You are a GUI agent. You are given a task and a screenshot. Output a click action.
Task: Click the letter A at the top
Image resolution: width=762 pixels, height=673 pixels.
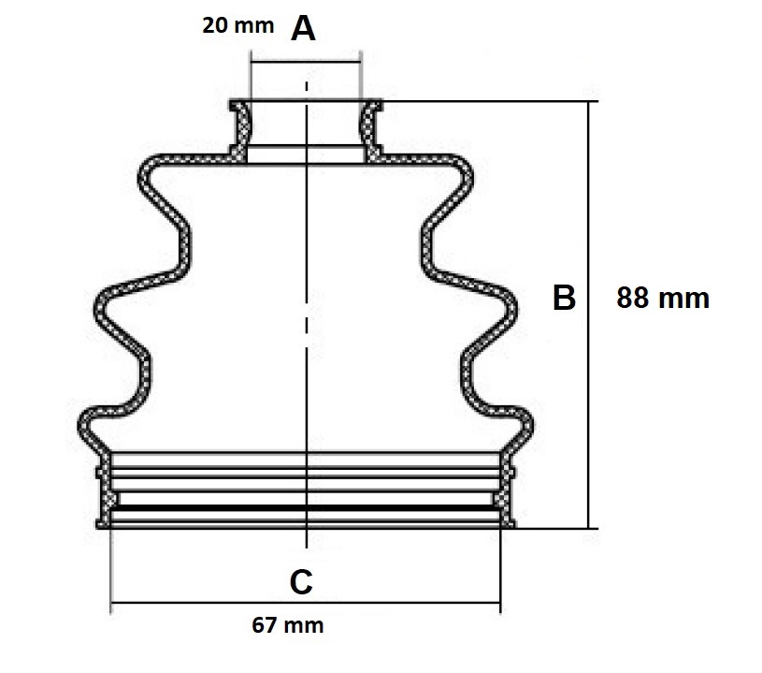tap(303, 29)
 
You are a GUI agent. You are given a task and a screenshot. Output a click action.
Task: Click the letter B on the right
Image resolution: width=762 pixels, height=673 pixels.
tap(564, 298)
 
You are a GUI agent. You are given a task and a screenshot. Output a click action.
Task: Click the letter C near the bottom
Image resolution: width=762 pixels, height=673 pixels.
tap(301, 581)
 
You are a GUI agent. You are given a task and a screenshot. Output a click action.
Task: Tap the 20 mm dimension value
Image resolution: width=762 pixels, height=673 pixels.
tap(238, 25)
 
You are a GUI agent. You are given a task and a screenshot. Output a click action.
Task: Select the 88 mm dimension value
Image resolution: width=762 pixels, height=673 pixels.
tap(663, 298)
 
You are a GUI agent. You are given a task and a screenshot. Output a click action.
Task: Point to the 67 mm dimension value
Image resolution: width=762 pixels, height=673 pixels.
tap(288, 625)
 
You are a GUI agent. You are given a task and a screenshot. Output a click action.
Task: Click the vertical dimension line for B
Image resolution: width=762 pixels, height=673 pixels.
tap(588, 315)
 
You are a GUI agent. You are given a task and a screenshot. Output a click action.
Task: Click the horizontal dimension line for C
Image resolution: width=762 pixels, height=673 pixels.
tap(305, 603)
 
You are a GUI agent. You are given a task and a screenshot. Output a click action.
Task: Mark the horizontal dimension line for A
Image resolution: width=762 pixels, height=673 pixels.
tap(306, 62)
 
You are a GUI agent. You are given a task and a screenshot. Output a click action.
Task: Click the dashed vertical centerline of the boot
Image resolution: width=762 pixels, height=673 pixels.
tap(306, 315)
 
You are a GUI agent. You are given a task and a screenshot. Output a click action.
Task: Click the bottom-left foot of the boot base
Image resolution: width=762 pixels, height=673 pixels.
tap(104, 524)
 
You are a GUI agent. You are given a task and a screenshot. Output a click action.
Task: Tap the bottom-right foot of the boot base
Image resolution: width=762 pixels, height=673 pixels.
tap(508, 524)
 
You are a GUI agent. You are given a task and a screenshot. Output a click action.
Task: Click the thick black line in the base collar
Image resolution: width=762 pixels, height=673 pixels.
tap(306, 508)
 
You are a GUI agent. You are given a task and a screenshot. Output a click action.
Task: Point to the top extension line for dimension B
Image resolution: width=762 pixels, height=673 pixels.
tap(490, 101)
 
